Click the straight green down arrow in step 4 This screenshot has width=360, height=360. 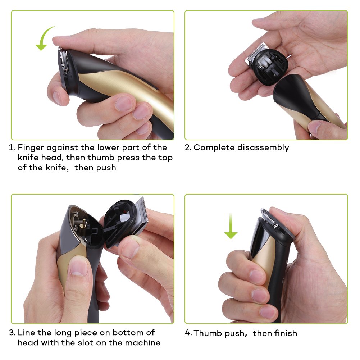(231, 226)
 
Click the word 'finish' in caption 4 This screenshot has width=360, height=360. (286, 333)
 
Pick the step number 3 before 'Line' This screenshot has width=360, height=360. (12, 332)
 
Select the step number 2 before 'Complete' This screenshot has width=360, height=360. (188, 147)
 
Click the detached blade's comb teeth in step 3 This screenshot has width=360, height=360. (142, 210)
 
